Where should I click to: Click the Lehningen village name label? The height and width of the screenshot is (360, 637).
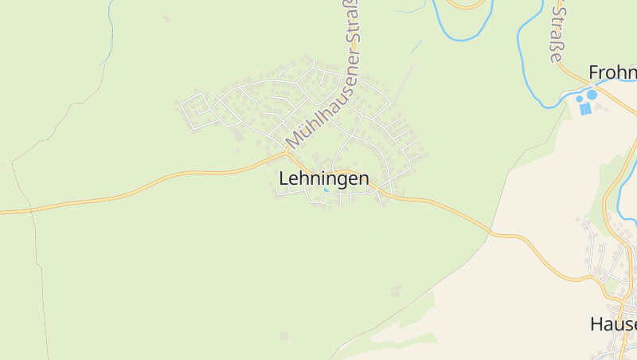[324, 179]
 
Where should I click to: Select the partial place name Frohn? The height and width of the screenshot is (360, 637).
[612, 73]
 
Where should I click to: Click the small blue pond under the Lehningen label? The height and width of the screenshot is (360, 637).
[326, 190]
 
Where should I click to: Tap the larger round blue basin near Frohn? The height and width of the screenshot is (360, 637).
[592, 95]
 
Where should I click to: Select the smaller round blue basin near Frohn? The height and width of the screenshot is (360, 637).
[580, 100]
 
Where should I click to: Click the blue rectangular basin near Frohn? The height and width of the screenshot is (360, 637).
[586, 109]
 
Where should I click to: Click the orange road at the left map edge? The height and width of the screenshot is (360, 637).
[4, 212]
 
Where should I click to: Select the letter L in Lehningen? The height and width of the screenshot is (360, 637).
[283, 179]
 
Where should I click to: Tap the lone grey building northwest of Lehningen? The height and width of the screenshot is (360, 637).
[166, 18]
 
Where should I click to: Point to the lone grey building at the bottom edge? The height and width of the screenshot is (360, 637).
[284, 336]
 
